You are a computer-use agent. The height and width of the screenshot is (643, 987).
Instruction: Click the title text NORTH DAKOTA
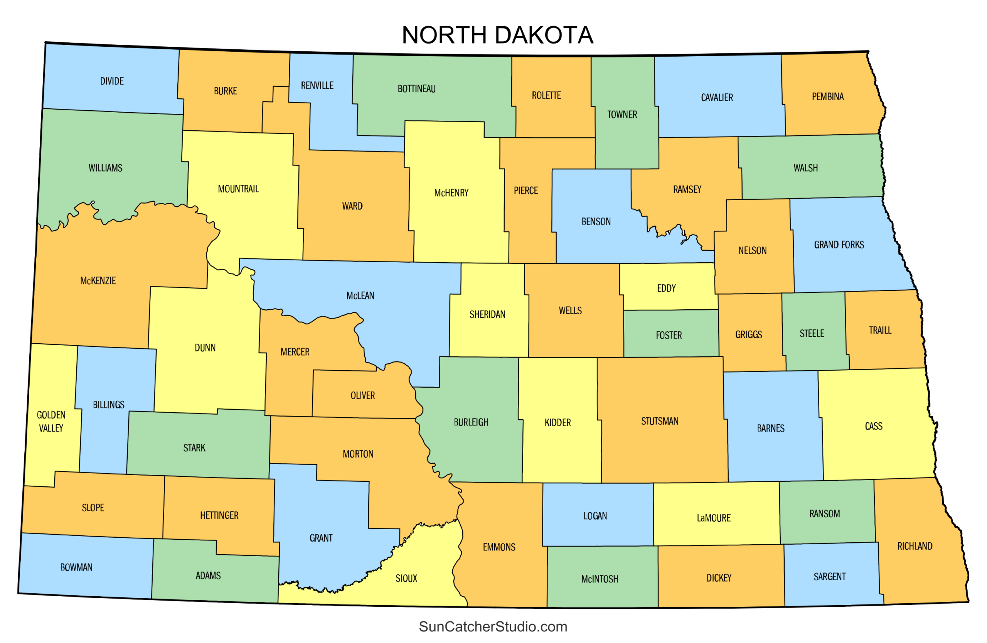click(x=497, y=35)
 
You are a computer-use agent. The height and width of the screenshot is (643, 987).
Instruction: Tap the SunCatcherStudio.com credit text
click(x=493, y=626)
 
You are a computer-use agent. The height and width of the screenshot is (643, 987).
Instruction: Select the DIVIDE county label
click(x=112, y=81)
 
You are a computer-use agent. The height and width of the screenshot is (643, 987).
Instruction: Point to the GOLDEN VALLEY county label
click(x=51, y=422)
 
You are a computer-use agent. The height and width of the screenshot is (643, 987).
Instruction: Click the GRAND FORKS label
click(x=839, y=245)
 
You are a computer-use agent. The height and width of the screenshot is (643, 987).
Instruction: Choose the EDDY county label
click(x=666, y=288)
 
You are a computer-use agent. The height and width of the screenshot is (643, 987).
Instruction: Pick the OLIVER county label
click(x=362, y=396)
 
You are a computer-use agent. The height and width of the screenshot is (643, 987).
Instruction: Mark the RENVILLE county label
click(x=317, y=86)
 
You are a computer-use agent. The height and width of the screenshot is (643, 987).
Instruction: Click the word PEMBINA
click(x=827, y=97)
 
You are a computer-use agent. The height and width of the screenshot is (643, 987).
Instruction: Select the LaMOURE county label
click(x=713, y=518)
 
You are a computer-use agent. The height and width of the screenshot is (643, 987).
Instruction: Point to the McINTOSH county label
click(x=599, y=579)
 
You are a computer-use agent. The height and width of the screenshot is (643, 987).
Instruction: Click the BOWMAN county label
click(x=76, y=567)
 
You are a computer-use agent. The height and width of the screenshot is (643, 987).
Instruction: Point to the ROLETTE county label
click(x=546, y=96)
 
